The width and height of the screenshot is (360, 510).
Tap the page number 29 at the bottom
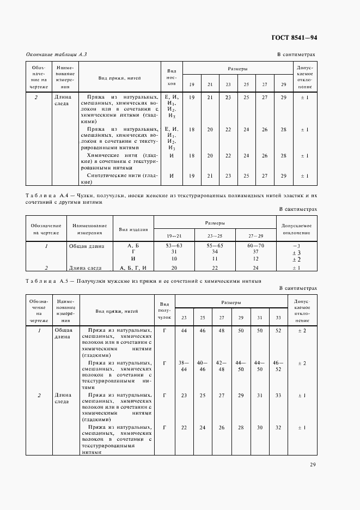(313, 464)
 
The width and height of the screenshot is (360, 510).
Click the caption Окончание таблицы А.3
(57, 54)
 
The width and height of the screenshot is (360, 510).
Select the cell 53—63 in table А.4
(174, 246)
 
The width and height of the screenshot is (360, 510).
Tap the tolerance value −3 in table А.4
(297, 246)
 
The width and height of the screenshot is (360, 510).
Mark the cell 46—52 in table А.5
(278, 366)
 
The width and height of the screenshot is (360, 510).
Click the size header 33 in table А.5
(278, 317)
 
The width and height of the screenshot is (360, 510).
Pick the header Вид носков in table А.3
(171, 77)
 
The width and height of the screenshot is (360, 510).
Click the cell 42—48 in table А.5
(222, 366)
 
